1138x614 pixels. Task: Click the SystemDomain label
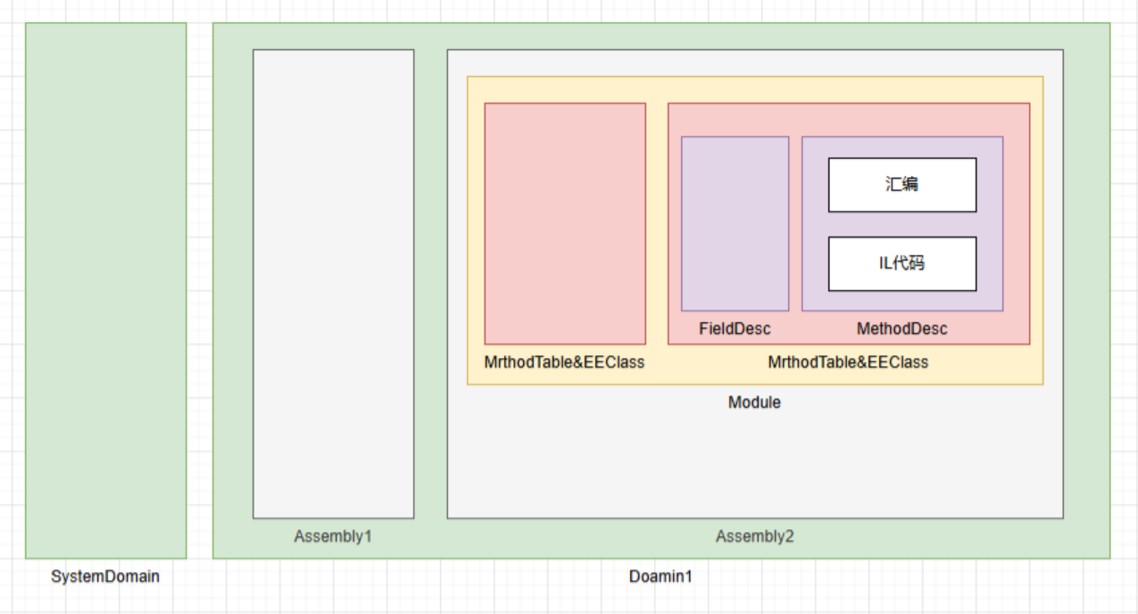(105, 577)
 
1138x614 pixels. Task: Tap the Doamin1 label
(660, 577)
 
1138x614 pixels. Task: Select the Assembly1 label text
(333, 536)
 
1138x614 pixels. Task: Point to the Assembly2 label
(755, 536)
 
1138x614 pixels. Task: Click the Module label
(754, 402)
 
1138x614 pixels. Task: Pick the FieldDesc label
(735, 328)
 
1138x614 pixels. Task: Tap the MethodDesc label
(902, 328)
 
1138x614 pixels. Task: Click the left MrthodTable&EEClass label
(564, 362)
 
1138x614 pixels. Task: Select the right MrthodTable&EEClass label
(849, 362)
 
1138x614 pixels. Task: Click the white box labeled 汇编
(902, 185)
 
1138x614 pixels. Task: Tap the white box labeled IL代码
(902, 264)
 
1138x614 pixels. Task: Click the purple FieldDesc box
(735, 223)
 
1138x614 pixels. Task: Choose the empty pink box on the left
(565, 223)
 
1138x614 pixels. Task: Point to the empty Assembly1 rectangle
(333, 284)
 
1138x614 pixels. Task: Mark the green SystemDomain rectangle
(105, 291)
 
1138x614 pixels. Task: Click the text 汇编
(901, 184)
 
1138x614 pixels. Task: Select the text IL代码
(901, 263)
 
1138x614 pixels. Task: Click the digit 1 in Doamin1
(688, 577)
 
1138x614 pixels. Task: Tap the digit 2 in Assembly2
(789, 536)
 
